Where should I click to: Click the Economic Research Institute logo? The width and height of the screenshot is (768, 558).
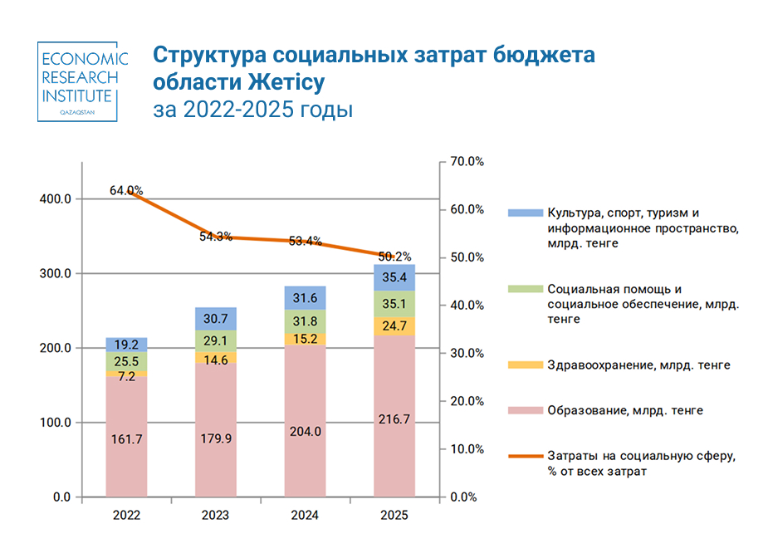pos(83,81)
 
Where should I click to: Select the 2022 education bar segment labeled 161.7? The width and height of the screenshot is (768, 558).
pos(126,438)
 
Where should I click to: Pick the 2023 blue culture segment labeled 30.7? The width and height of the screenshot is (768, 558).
pos(215,318)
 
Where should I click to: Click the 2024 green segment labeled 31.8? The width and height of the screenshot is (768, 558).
pos(305,321)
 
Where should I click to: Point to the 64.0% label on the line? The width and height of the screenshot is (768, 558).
pos(126,191)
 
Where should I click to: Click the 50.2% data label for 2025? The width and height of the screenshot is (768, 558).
pos(394,257)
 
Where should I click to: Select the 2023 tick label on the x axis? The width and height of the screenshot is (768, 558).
pos(215,516)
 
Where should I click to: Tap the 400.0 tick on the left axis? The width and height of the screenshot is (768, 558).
pos(56,199)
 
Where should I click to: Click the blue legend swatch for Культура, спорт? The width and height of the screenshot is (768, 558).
pos(523,213)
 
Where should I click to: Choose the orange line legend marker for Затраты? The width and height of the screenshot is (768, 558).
pos(523,457)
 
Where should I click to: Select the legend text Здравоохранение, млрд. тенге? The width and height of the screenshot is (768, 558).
pos(638,365)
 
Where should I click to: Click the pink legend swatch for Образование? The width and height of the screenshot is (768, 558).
pos(523,410)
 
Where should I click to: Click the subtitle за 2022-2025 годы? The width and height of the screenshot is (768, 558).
pos(253,110)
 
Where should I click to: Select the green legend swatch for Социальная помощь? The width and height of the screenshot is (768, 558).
pos(523,290)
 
